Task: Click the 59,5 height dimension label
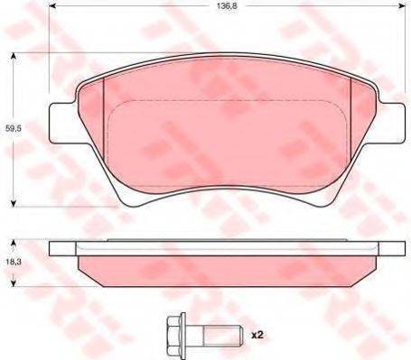pyautogui.click(x=13, y=128)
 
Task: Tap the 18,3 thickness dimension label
pyautogui.click(x=13, y=262)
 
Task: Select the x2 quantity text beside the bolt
pyautogui.click(x=257, y=335)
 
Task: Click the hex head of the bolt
pyautogui.click(x=176, y=335)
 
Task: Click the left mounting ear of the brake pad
pyautogui.click(x=62, y=123)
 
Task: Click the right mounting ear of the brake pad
pyautogui.click(x=391, y=123)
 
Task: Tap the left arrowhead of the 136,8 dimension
pyautogui.click(x=51, y=5)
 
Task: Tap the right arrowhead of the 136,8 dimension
pyautogui.click(x=402, y=5)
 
